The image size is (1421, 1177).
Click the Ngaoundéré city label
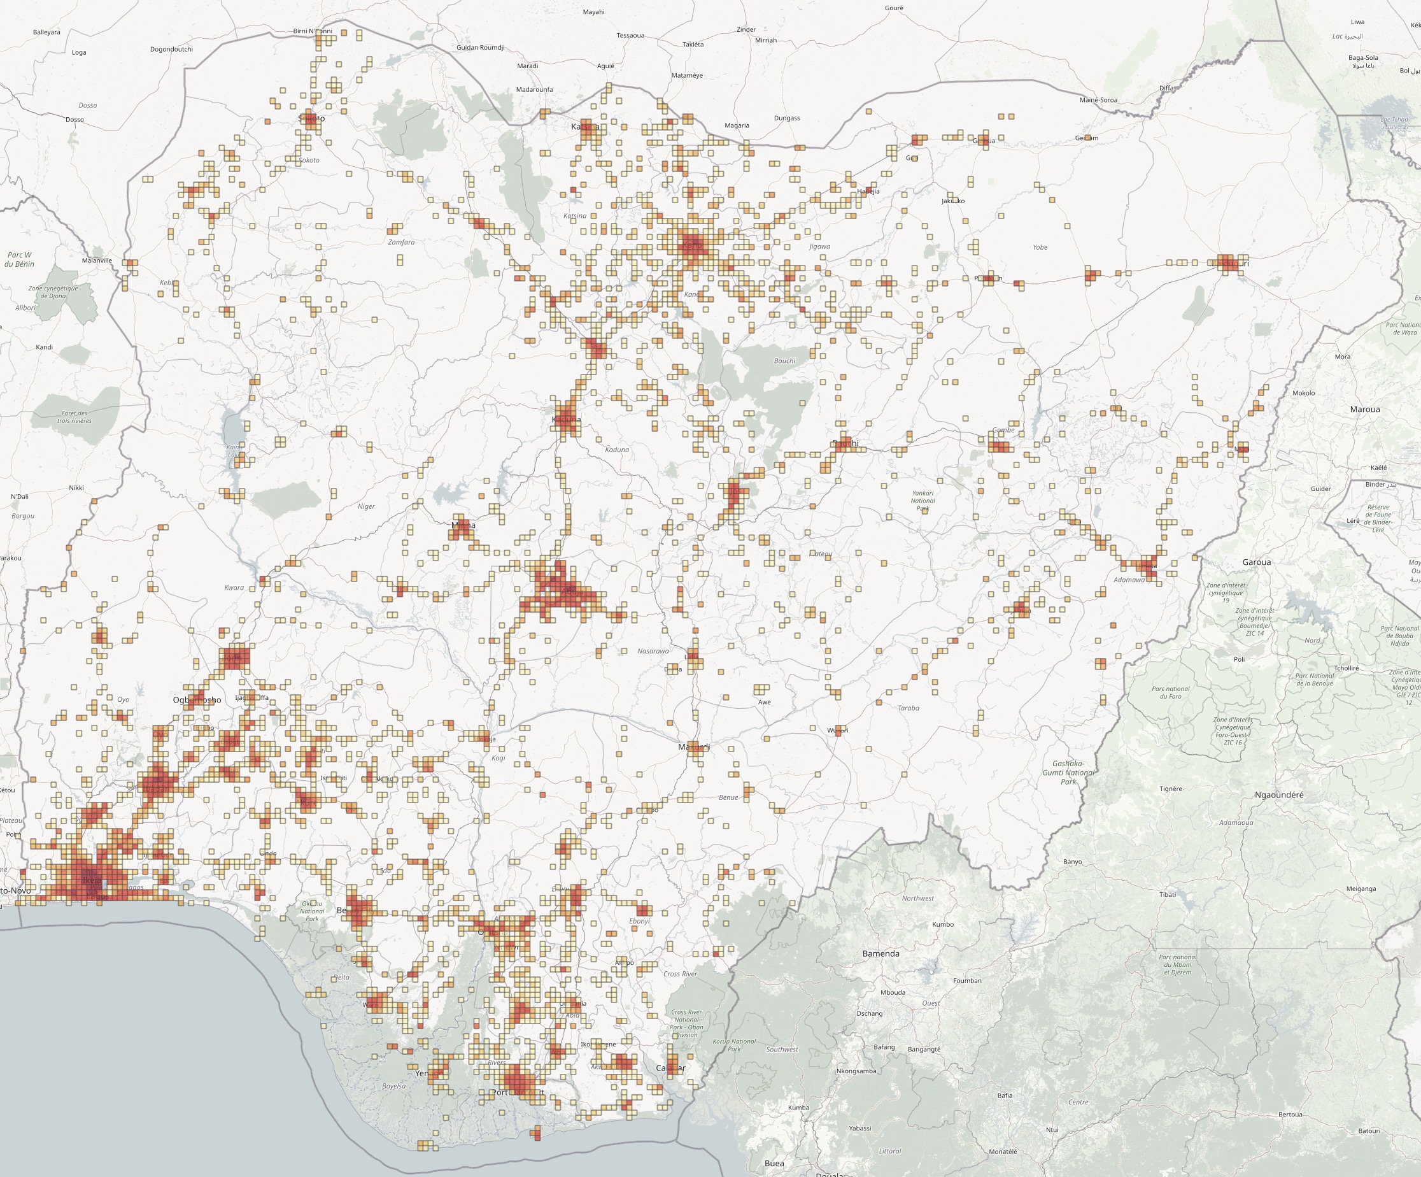point(1278,795)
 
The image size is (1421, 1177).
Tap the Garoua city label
point(1257,562)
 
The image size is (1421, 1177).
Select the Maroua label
point(1364,410)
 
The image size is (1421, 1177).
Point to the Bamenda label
point(880,953)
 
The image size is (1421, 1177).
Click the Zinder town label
point(746,30)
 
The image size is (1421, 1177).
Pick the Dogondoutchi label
point(171,50)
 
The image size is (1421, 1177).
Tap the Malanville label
point(97,260)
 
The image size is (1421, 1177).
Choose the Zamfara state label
point(401,241)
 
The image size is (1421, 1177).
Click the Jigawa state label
point(819,246)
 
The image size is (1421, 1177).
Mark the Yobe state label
point(1040,247)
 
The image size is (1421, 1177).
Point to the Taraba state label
point(908,708)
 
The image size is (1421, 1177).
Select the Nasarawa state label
point(653,651)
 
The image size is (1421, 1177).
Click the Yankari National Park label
point(923,501)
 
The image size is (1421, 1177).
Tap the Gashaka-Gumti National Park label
point(1068,773)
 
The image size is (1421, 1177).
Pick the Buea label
point(774,1164)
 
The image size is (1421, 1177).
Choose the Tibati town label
point(1167,895)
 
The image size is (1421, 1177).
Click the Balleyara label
point(46,32)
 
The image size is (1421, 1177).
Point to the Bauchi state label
point(784,360)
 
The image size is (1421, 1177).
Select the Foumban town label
point(967,981)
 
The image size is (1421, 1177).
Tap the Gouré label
point(894,8)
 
